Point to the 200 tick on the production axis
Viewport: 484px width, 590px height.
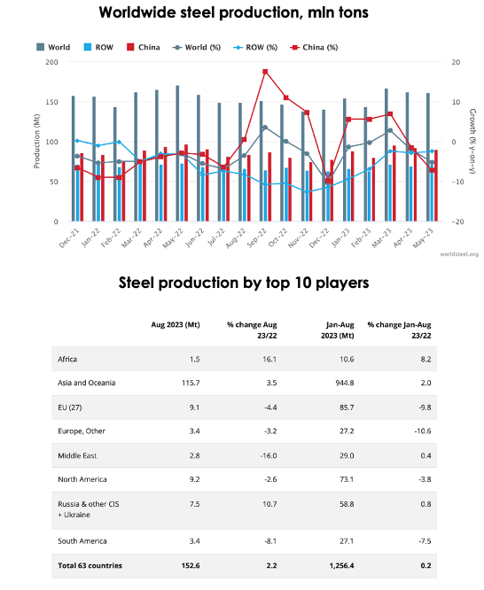[x=51, y=62]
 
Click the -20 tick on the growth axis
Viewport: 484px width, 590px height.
[x=455, y=221]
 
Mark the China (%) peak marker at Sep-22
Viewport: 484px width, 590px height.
[x=265, y=72]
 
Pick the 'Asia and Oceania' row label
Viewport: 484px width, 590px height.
[x=86, y=383]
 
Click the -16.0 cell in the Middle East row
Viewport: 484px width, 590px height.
[x=266, y=454]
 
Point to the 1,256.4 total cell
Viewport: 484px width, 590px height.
[x=340, y=565]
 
